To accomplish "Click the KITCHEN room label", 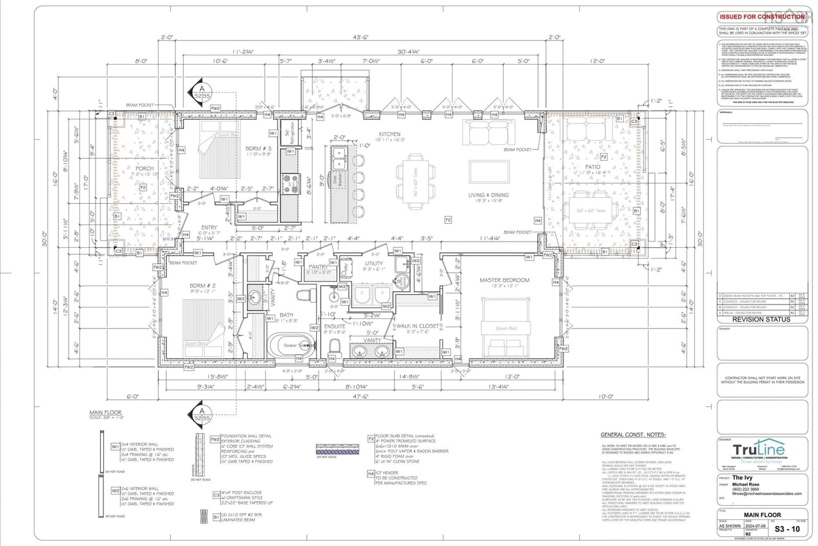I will point(389,134).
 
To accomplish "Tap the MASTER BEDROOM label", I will point(504,280).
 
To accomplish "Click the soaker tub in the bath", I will point(291,345).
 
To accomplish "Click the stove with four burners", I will point(291,184).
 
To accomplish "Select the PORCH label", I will point(144,169).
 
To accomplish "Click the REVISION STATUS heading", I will point(761,319).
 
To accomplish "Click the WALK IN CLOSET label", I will point(418,326).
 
